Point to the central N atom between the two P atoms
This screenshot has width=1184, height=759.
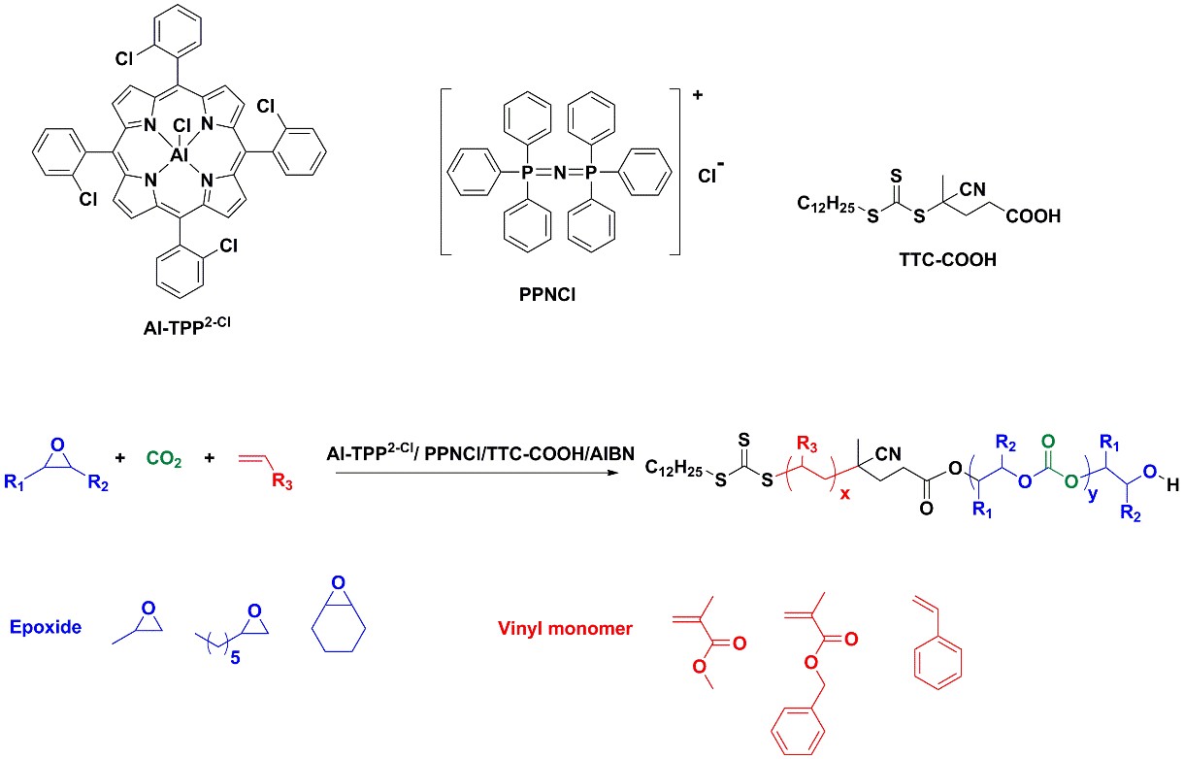[560, 171]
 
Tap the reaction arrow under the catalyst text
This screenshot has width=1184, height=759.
[476, 473]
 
